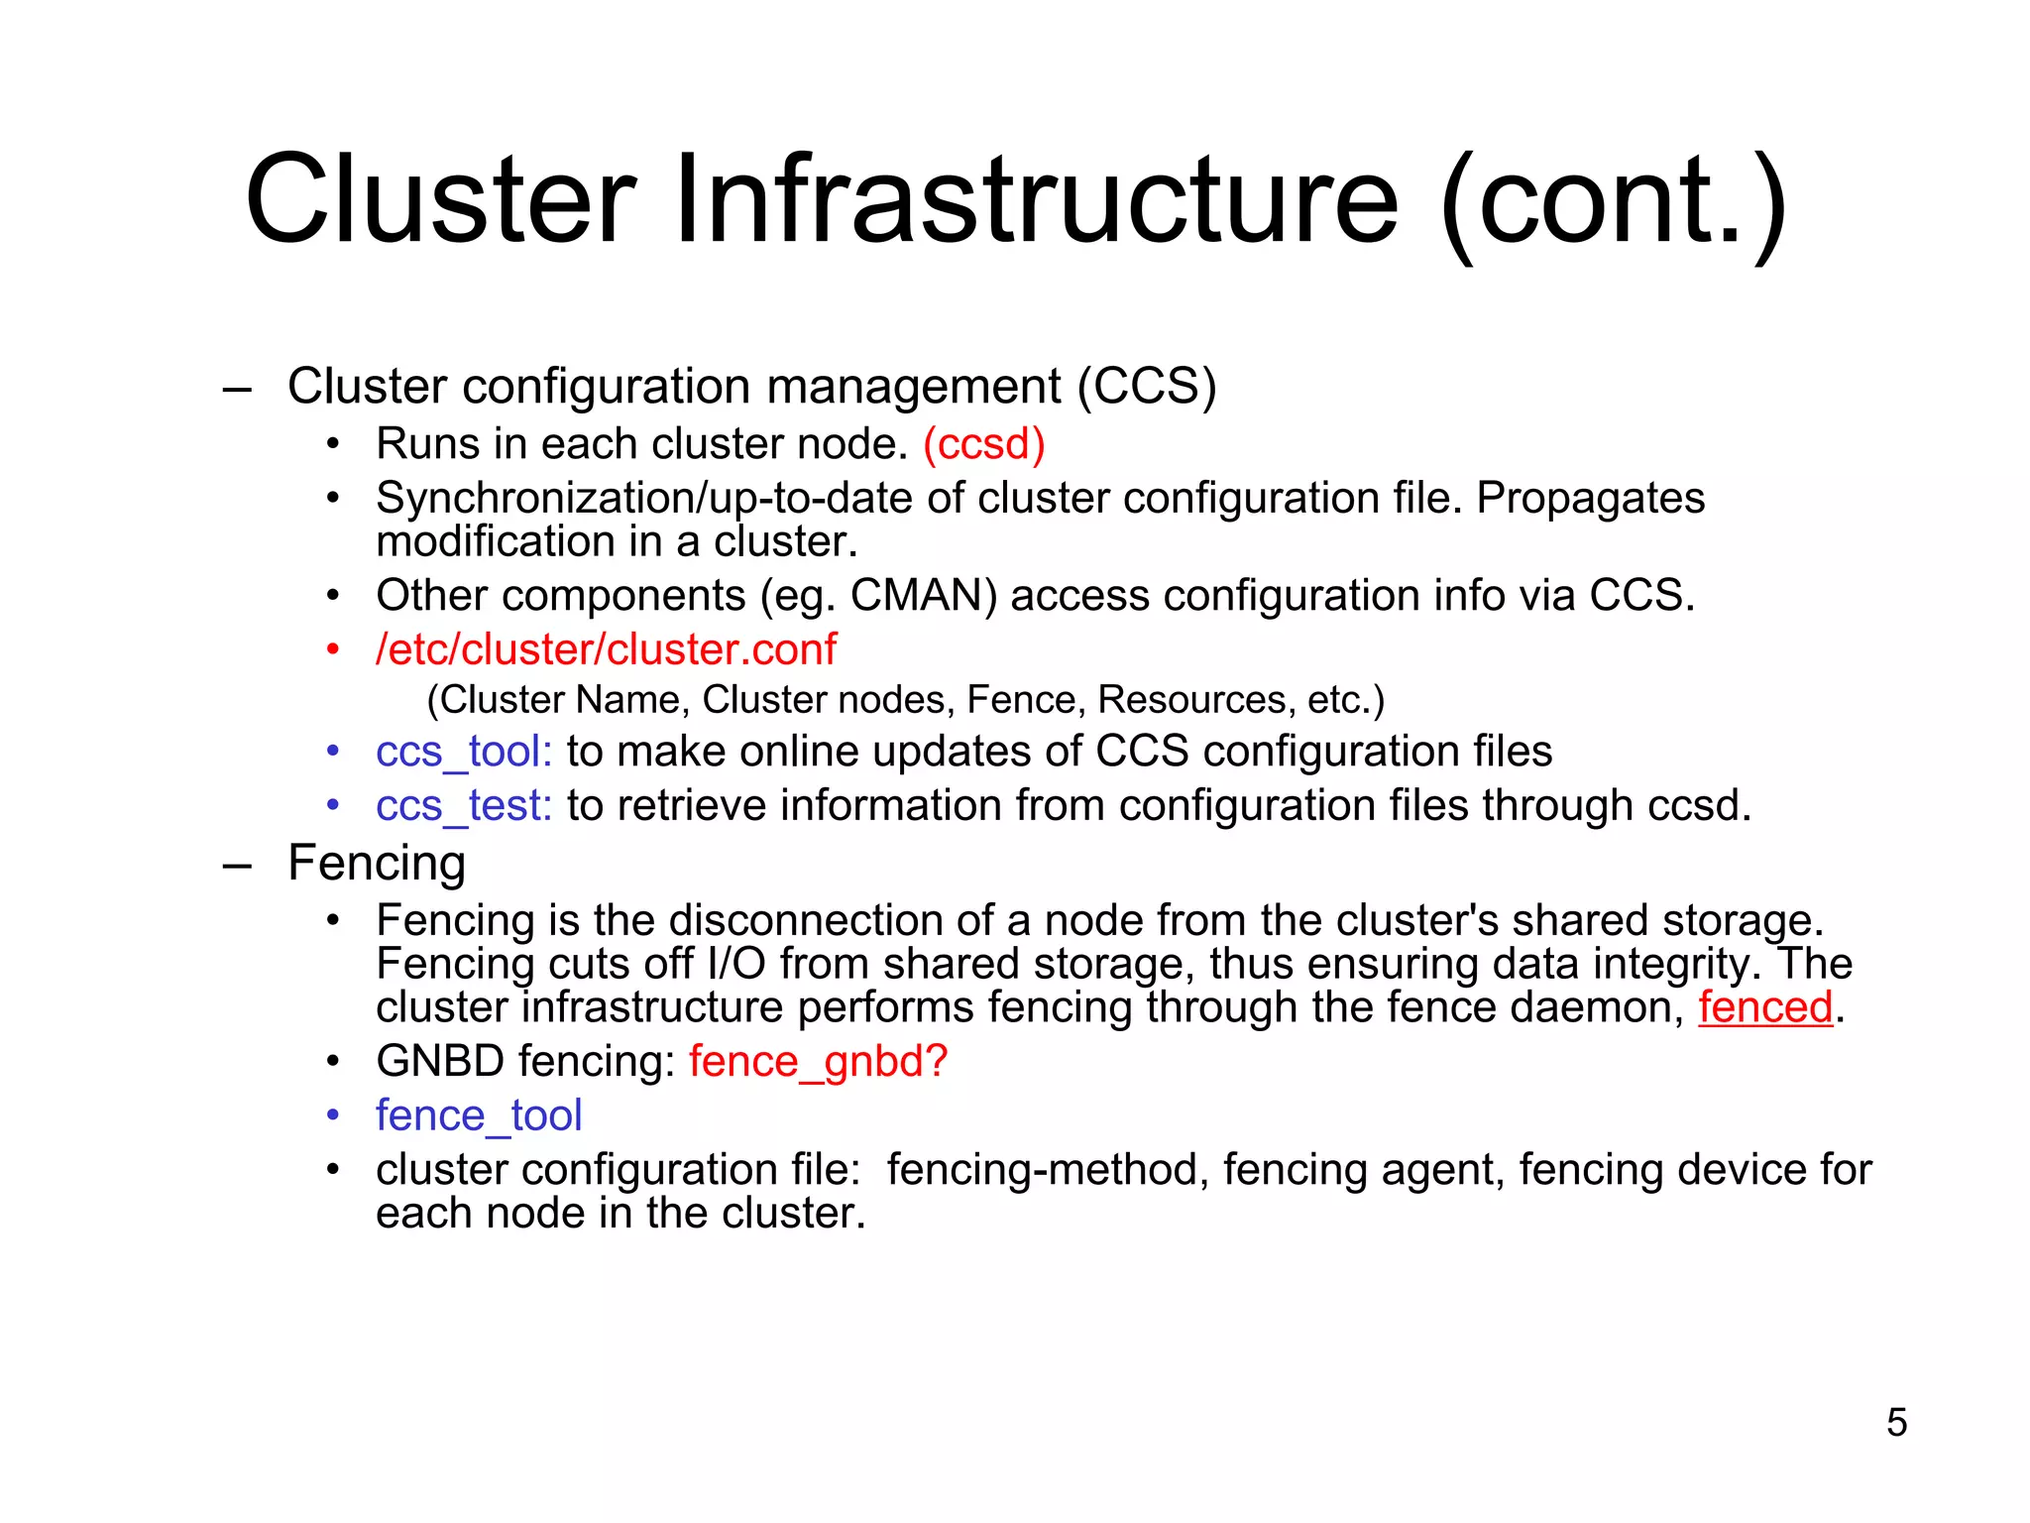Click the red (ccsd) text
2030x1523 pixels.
pos(984,444)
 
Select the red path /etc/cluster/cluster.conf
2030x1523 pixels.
pos(606,650)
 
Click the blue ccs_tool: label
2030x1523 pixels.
pos(464,752)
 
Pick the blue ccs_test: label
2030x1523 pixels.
pos(464,806)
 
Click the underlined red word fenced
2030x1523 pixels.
pos(1765,1008)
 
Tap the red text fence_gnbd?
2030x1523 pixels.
pos(819,1062)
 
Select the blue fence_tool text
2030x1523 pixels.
pos(479,1116)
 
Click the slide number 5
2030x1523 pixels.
pos(1896,1423)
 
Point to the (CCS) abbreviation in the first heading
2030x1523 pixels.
pos(1147,387)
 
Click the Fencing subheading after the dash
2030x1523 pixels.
pos(377,863)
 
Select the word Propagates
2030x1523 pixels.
pos(1590,499)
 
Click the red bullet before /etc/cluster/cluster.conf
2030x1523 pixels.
pos(334,651)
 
